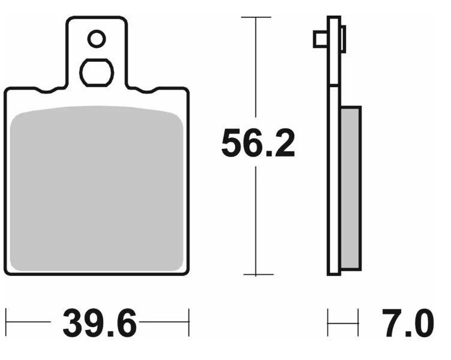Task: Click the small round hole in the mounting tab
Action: (96, 40)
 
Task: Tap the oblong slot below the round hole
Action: (97, 73)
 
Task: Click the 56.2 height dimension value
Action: (258, 143)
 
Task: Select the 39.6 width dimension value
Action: (100, 325)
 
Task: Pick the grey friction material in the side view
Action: (350, 188)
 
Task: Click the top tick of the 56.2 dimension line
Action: (257, 18)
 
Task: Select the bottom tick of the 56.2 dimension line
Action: (257, 275)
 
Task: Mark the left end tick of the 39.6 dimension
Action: (7, 323)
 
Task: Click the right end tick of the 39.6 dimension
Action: (188, 323)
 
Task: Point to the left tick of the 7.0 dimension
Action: (328, 323)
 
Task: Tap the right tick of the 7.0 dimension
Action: (358, 323)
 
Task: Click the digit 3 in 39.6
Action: (73, 325)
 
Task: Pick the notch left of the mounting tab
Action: (49, 91)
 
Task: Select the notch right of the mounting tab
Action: (145, 91)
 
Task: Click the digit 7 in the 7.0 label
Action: (390, 325)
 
